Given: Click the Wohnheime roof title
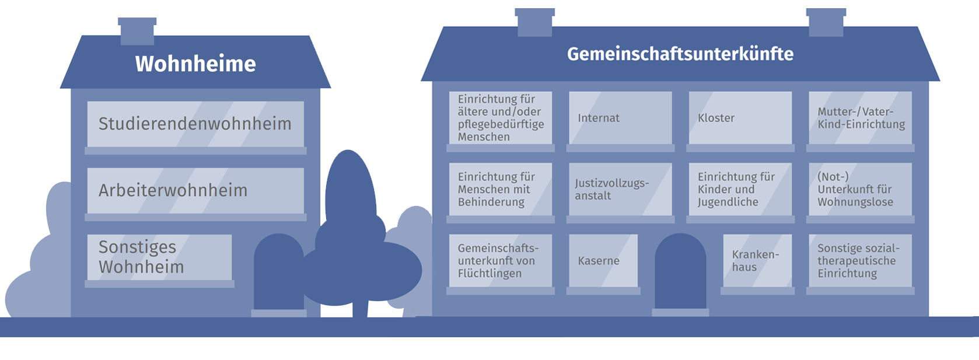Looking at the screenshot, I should (195, 64).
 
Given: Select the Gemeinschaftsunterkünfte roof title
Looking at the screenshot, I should (680, 54).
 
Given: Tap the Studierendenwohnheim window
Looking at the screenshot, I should (195, 124).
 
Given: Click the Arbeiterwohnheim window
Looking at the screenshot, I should (195, 190).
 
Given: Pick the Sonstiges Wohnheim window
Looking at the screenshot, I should (159, 257).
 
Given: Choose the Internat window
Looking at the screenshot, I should (620, 118).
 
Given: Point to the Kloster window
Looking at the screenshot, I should (740, 118).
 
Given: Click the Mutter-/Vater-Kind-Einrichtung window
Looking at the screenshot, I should (860, 118).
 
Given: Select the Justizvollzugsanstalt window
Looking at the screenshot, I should (620, 190).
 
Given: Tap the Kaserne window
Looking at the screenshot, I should (603, 261).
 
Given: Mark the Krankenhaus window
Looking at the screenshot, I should (757, 261).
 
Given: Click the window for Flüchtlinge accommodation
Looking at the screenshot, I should (500, 261).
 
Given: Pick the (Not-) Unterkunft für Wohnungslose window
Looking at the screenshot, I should (860, 190).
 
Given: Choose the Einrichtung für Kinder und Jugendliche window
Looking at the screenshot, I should (740, 190).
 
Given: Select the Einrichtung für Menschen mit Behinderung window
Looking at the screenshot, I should (500, 190).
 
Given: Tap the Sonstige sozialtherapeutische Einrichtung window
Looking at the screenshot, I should (860, 261).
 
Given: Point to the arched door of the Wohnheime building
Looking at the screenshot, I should (278, 274).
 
